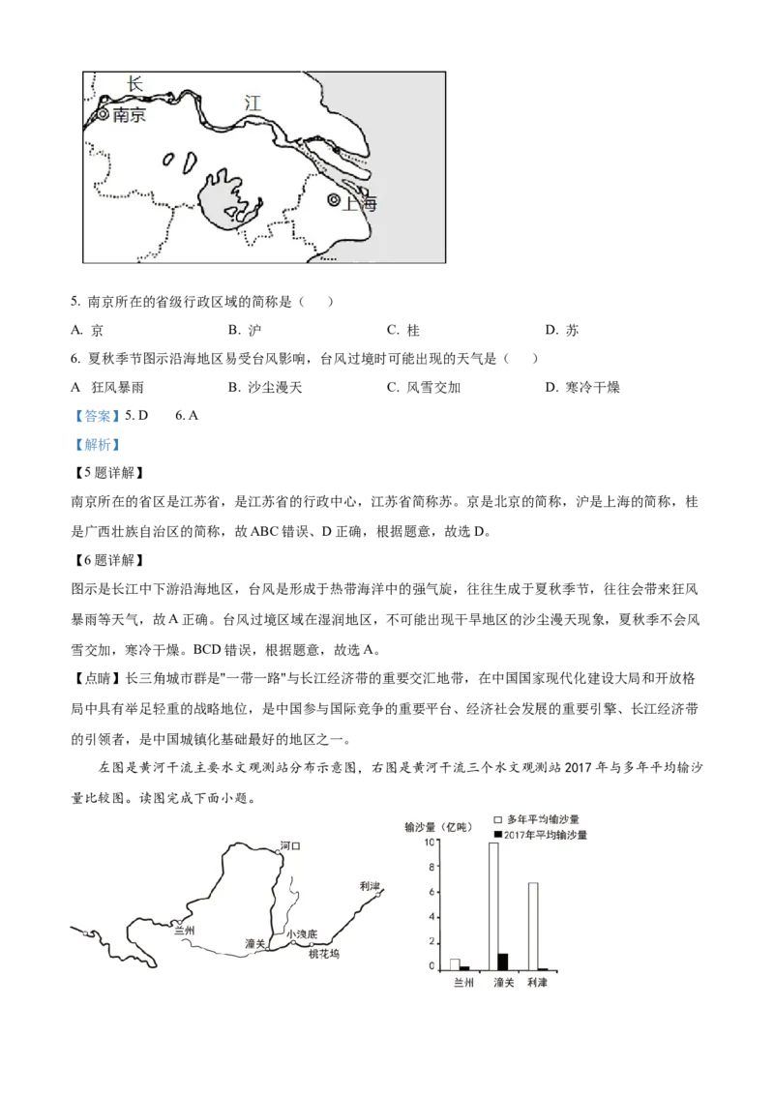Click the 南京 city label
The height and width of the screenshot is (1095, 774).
[x=129, y=115]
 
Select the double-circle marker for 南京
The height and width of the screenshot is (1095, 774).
[x=104, y=114]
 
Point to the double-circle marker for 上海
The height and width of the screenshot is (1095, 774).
[x=334, y=200]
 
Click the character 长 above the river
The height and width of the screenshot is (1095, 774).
[x=134, y=84]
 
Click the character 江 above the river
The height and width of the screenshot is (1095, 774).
[x=253, y=103]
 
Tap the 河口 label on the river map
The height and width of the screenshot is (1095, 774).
[x=290, y=846]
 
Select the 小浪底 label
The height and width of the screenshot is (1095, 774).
[x=302, y=934]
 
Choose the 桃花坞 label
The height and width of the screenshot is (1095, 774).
[x=324, y=955]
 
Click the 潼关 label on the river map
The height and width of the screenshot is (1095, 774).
[x=255, y=942]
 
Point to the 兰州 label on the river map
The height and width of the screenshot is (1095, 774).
[x=184, y=931]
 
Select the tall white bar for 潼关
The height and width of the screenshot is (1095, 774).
[x=493, y=905]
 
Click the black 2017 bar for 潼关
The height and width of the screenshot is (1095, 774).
[x=503, y=961]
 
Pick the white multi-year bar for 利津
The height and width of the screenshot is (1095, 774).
[x=532, y=926]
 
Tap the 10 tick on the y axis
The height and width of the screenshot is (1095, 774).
[x=431, y=842]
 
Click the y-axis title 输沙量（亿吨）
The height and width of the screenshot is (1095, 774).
[x=436, y=827]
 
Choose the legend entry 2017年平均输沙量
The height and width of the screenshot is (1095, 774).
[x=547, y=834]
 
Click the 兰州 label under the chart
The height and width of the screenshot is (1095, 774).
[x=463, y=981]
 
